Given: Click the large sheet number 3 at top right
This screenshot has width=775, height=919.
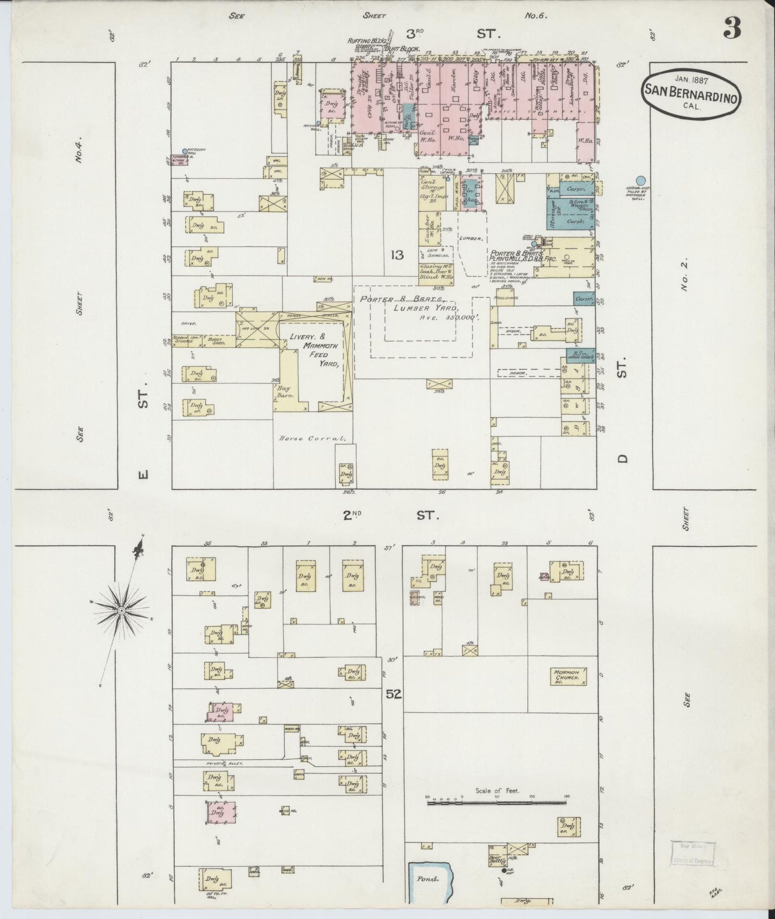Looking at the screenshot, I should [732, 28].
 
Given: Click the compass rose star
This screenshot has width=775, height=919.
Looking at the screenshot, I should [122, 610].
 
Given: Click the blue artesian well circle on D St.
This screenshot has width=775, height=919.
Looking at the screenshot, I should [640, 181].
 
